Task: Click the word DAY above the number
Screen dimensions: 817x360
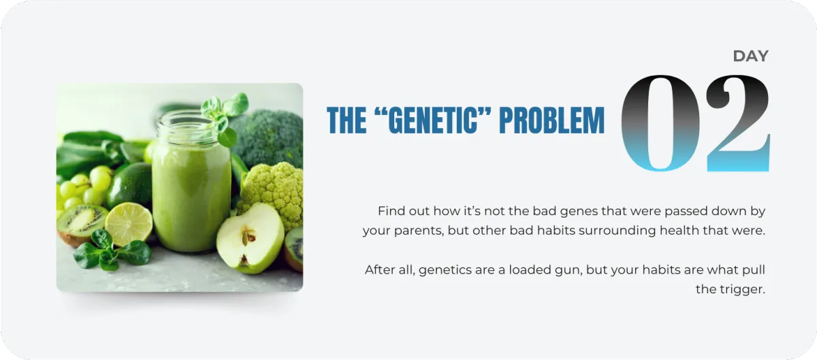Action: coord(750,56)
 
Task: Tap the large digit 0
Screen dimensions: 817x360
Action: coord(660,123)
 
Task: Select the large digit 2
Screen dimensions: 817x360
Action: coord(738,123)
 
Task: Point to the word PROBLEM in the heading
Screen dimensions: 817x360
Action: coord(552,120)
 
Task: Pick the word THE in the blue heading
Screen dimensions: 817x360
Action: coord(347,120)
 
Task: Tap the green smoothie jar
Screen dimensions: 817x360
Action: coord(191,186)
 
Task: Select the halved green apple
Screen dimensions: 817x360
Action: coord(251,238)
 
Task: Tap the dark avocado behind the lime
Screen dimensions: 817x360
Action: coord(130,186)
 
